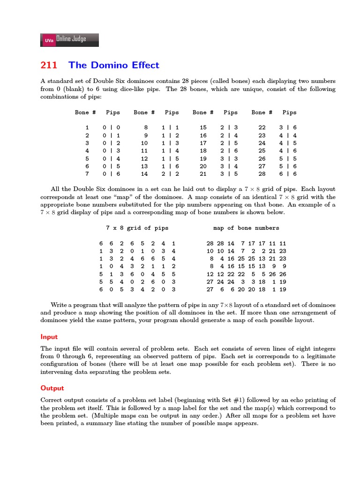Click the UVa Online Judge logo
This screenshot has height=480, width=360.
click(70, 40)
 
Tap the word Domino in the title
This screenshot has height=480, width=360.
click(107, 65)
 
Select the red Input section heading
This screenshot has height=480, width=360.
click(49, 337)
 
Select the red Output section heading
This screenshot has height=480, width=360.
click(52, 388)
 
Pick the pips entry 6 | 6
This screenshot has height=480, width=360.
click(289, 174)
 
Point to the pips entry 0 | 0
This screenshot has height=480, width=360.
click(112, 127)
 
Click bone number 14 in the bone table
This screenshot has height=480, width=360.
click(144, 174)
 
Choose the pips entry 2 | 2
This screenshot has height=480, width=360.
click(171, 174)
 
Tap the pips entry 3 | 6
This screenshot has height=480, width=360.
click(289, 127)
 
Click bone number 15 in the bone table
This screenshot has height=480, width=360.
click(203, 127)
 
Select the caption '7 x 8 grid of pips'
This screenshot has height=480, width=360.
click(137, 228)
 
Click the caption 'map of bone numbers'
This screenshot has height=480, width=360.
click(246, 228)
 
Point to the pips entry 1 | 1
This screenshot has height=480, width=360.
click(171, 127)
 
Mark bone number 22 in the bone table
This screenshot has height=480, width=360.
click(262, 127)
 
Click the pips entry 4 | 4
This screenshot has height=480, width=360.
click(289, 135)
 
